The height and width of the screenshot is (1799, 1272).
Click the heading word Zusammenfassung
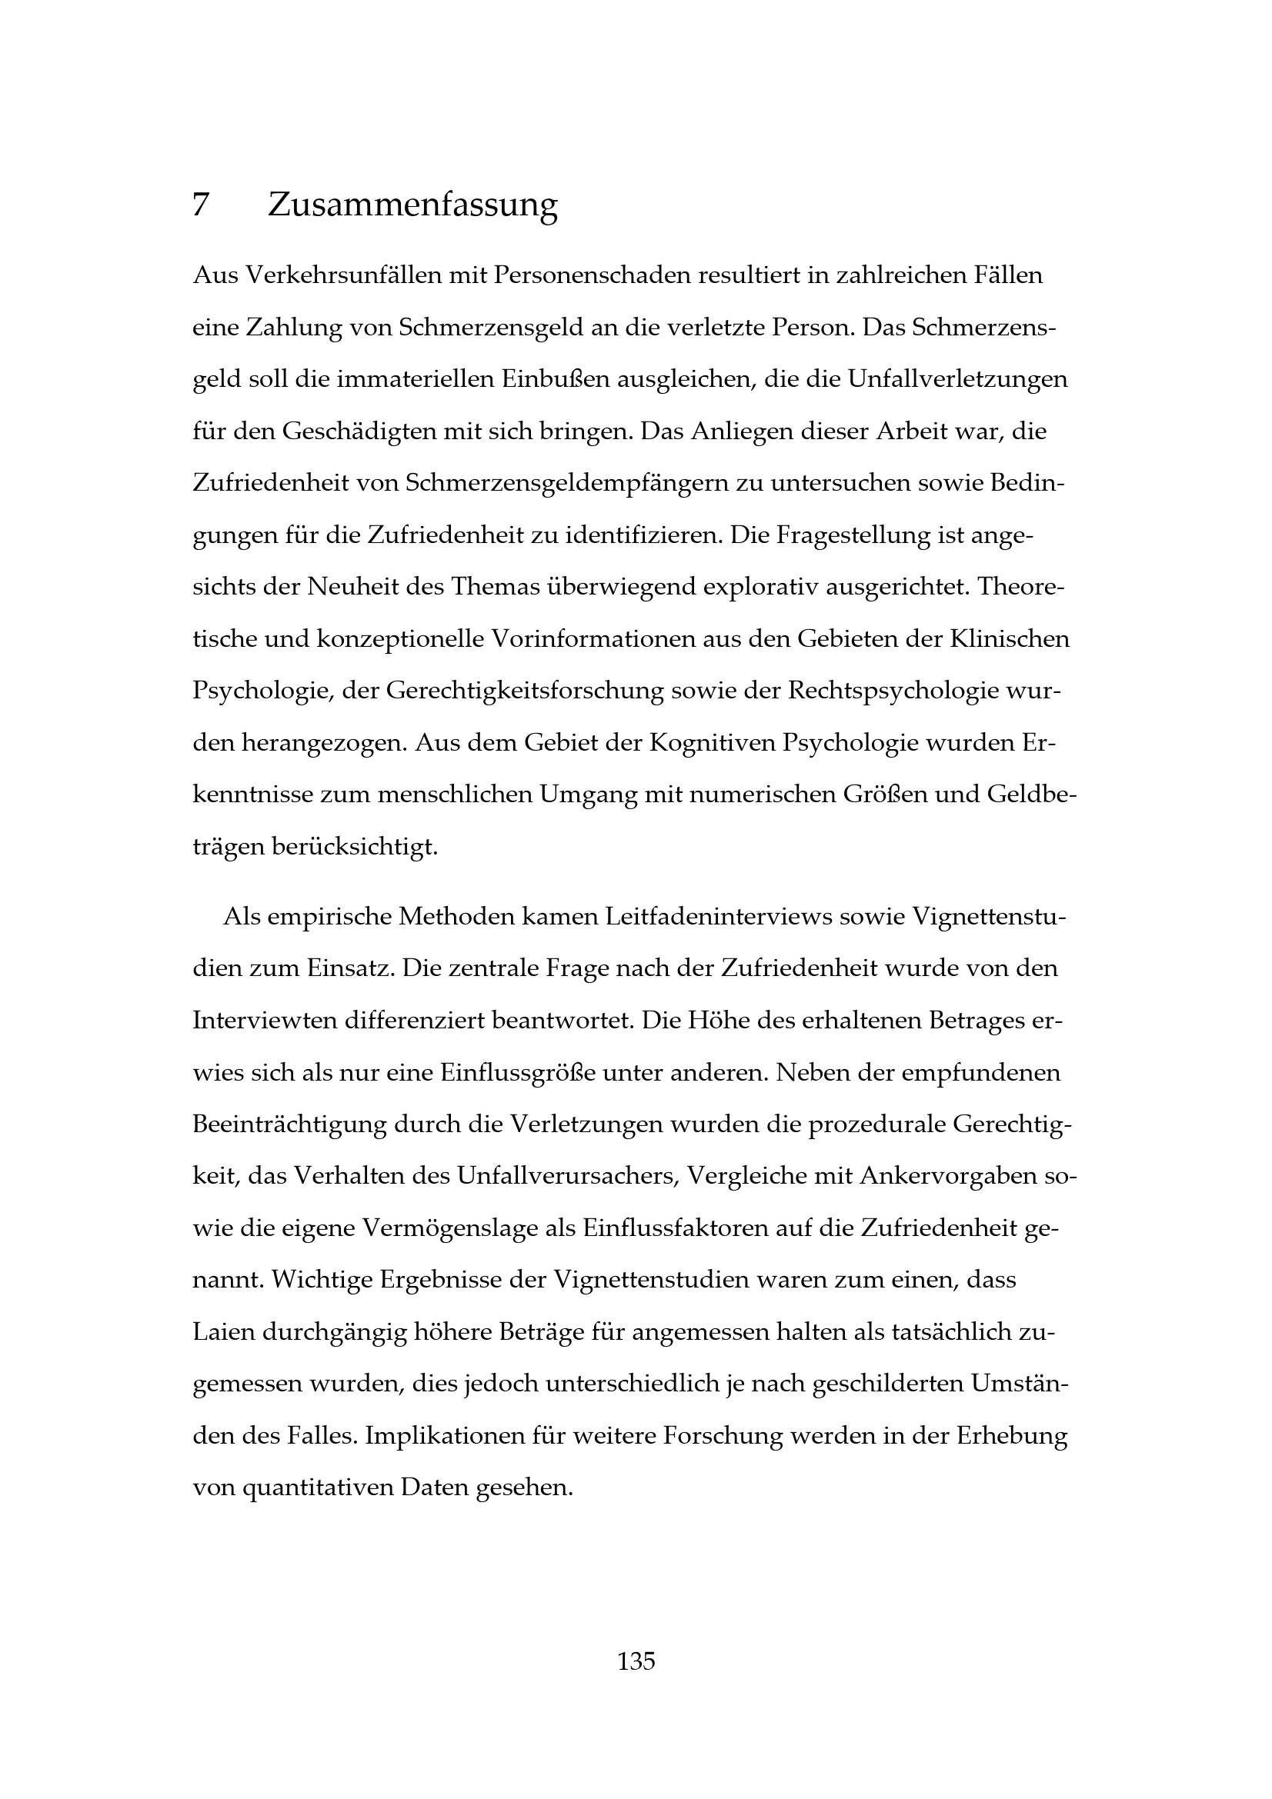click(x=412, y=205)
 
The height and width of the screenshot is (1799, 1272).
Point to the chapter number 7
click(x=201, y=205)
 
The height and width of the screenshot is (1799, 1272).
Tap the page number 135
click(x=636, y=1661)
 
